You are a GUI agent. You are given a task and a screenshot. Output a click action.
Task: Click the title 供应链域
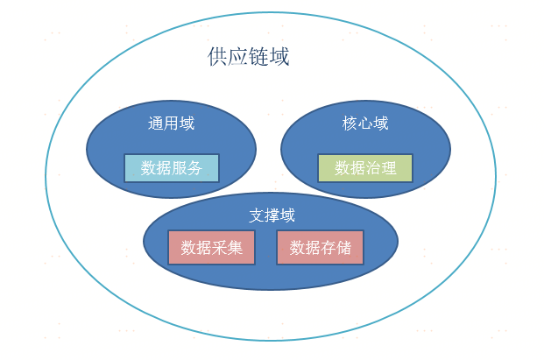pyautogui.click(x=249, y=58)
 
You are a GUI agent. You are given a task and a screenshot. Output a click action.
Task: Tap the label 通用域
pyautogui.click(x=171, y=124)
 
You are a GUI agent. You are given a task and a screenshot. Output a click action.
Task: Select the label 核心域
pyautogui.click(x=365, y=124)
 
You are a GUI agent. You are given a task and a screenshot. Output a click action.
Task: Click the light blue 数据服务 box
pyautogui.click(x=172, y=168)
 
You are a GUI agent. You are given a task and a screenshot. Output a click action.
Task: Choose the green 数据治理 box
pyautogui.click(x=365, y=168)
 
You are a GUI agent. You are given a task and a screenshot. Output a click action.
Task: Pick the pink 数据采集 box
pyautogui.click(x=211, y=248)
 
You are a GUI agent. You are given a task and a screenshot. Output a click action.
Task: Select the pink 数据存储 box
pyautogui.click(x=320, y=248)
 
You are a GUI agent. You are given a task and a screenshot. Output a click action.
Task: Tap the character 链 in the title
pyautogui.click(x=259, y=58)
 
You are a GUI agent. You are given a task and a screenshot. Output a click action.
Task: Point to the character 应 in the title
pyautogui.click(x=238, y=58)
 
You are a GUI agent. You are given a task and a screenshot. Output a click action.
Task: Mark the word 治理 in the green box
pyautogui.click(x=381, y=168)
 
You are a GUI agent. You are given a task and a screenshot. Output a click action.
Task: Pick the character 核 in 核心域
pyautogui.click(x=350, y=124)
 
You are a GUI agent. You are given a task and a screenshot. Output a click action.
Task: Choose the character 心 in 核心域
pyautogui.click(x=365, y=124)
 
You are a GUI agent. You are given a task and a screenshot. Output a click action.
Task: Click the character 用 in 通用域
pyautogui.click(x=171, y=124)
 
